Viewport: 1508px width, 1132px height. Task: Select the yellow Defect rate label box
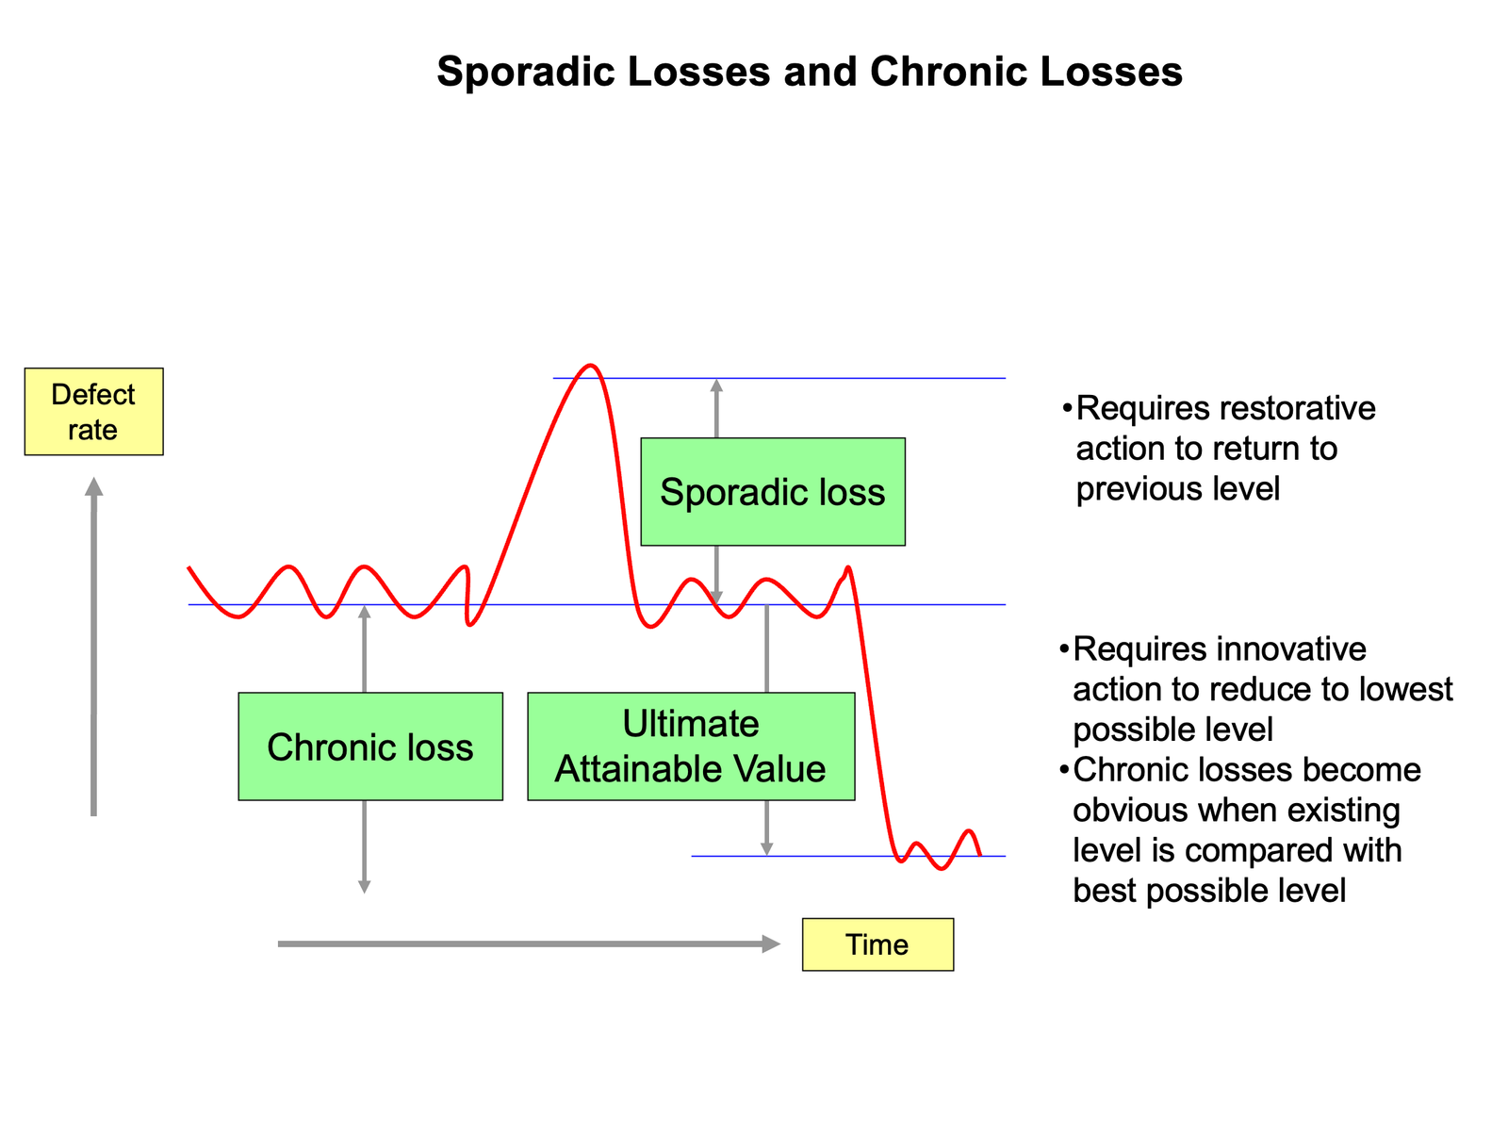point(93,412)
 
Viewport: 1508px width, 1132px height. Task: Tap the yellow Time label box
point(877,944)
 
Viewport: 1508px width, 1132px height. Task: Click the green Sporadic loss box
point(773,492)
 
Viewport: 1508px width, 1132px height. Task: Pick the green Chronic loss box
point(370,746)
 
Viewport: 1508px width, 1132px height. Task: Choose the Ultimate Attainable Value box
point(691,746)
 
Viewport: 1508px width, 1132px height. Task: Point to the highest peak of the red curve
point(591,366)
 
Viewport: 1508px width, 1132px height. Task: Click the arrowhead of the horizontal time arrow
point(772,943)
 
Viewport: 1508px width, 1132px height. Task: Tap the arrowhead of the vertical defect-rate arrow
point(94,486)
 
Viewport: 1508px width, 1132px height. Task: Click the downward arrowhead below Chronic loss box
point(365,887)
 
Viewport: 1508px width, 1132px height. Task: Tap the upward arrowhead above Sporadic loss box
point(716,385)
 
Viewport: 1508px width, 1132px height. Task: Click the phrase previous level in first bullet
point(1177,489)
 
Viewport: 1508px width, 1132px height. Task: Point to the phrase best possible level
point(1209,891)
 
